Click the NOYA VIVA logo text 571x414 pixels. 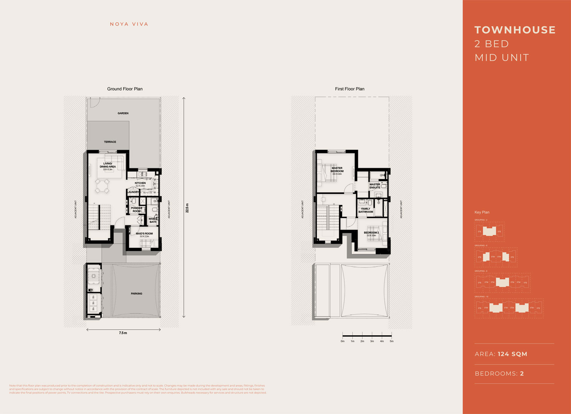tap(129, 24)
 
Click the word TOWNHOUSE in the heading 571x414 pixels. tap(515, 30)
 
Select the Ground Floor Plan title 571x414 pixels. tap(125, 89)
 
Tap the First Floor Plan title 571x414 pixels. tap(350, 89)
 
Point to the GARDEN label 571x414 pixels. tap(123, 113)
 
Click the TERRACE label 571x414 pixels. tap(110, 142)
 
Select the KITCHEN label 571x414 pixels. tap(140, 183)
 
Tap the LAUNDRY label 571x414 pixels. tap(133, 192)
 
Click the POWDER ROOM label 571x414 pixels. tap(136, 210)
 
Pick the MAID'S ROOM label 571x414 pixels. tap(144, 233)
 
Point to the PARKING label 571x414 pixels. tap(136, 294)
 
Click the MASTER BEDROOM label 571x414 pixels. tap(337, 170)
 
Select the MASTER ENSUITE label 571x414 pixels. tap(375, 186)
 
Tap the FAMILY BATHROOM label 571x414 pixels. tap(366, 210)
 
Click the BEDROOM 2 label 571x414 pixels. tap(371, 233)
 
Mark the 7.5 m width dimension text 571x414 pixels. tap(123, 333)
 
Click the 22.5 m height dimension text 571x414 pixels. tap(187, 208)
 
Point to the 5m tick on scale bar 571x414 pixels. tap(392, 341)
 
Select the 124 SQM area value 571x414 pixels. tap(512, 354)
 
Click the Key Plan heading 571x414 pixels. tap(482, 212)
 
